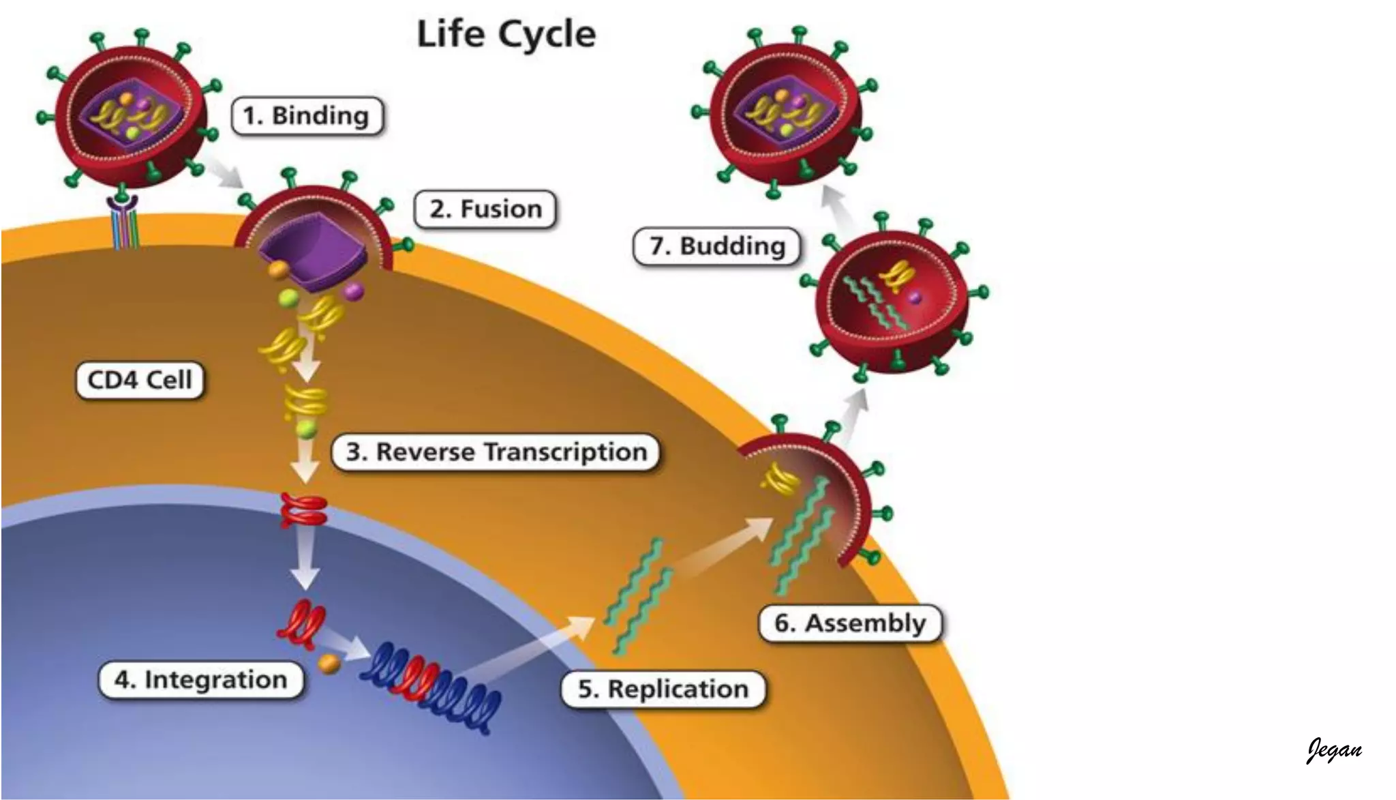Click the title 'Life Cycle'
[x=506, y=34]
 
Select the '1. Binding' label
[x=307, y=116]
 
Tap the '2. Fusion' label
[x=485, y=209]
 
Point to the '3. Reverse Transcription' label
[x=496, y=452]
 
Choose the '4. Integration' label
[x=200, y=680]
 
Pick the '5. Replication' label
[x=663, y=689]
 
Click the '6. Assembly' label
[x=850, y=623]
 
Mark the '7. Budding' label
[x=716, y=246]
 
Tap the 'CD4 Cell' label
[x=140, y=380]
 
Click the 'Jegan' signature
[x=1334, y=750]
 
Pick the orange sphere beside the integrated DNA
[x=329, y=663]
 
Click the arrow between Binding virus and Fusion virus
[x=226, y=172]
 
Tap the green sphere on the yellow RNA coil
[x=307, y=429]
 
